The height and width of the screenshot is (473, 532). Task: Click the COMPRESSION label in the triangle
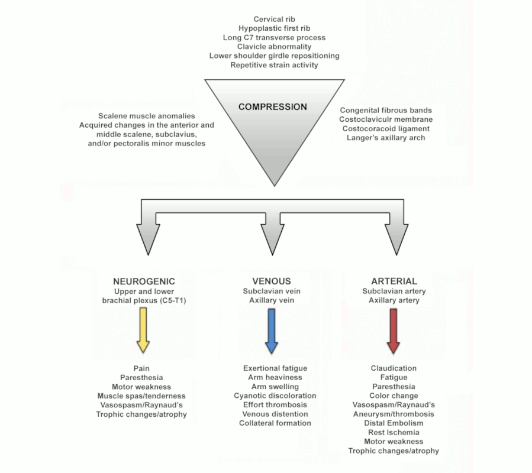[x=273, y=107]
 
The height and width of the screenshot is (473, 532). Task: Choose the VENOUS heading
[x=272, y=281]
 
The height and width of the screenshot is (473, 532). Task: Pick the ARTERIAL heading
[x=394, y=281]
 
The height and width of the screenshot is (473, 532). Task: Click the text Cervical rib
[x=274, y=19]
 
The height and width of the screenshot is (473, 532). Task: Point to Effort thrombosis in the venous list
[x=275, y=405]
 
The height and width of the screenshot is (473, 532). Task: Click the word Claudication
[x=394, y=368]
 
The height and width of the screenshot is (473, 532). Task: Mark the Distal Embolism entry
[x=394, y=423]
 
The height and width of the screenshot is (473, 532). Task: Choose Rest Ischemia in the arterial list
[x=394, y=432]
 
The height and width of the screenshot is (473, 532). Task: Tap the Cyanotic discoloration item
[x=275, y=396]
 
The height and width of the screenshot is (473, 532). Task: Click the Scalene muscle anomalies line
[x=146, y=116]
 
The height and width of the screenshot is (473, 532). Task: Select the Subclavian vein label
[x=272, y=291]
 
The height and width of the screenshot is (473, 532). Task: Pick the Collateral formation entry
[x=275, y=423]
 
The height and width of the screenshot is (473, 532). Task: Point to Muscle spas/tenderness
[x=141, y=396]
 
